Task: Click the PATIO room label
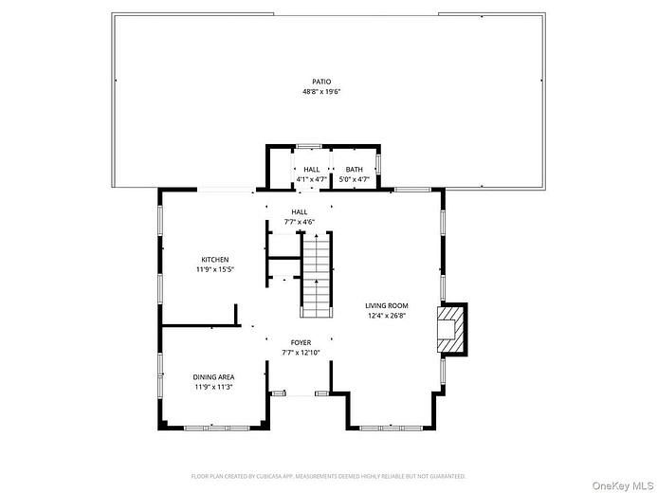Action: coord(321,82)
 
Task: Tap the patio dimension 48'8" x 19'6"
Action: coord(321,92)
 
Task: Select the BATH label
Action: coord(354,169)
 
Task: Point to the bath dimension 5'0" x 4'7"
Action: coord(354,178)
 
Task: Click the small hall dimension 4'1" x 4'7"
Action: coord(311,178)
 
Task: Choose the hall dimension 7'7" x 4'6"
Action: coord(300,222)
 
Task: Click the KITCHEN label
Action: coord(214,260)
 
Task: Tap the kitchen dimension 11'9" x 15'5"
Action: coord(214,269)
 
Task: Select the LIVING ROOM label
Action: coord(387,305)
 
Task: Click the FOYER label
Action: coord(301,342)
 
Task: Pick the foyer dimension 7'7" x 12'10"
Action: coord(301,352)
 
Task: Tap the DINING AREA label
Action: coord(213,376)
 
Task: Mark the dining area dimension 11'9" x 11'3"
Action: coord(213,386)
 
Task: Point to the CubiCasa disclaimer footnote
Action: coord(328,476)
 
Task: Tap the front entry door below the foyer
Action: coord(300,393)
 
